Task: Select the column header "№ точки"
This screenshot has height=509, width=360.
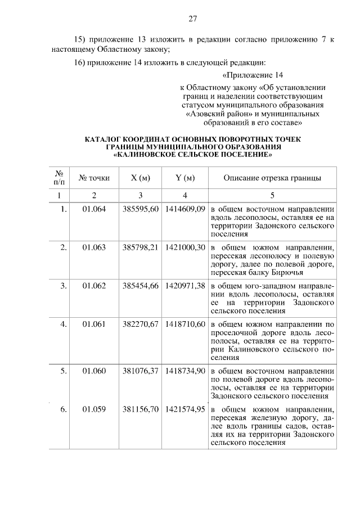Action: [x=94, y=178]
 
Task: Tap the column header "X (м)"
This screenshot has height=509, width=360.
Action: [x=141, y=178]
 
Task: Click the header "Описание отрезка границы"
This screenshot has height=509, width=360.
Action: [x=272, y=178]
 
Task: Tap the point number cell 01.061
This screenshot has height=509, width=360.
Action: [x=94, y=325]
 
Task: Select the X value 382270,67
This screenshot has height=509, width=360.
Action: [x=141, y=325]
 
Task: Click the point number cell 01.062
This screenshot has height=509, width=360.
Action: [x=94, y=286]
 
